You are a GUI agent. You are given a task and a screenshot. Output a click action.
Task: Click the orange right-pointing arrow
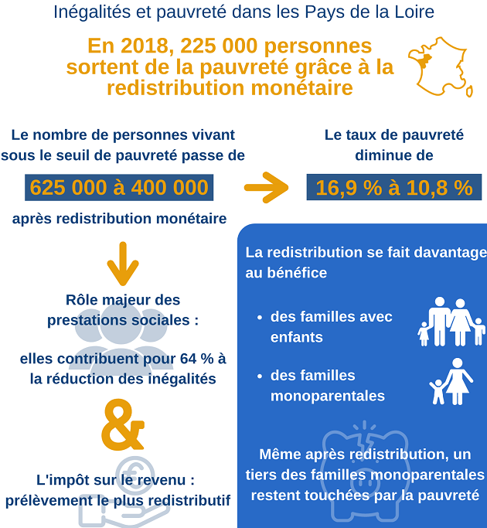pyautogui.click(x=266, y=187)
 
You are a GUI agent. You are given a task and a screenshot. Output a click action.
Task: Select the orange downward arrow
pyautogui.click(x=123, y=264)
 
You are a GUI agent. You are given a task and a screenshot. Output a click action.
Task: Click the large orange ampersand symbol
pyautogui.click(x=123, y=424)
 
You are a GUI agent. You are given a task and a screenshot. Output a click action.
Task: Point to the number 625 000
pyautogui.click(x=68, y=188)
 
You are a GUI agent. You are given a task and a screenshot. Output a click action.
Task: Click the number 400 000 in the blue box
pyautogui.click(x=170, y=188)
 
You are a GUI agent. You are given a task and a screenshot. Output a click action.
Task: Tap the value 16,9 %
pyautogui.click(x=349, y=188)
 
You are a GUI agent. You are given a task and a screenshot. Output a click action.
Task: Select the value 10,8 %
pyautogui.click(x=440, y=188)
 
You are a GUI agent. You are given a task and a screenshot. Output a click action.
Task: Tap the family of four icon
pyautogui.click(x=451, y=322)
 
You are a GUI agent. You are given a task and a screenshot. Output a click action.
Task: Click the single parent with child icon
pyautogui.click(x=451, y=382)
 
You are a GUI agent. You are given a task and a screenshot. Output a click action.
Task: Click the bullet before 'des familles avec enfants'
pyautogui.click(x=259, y=318)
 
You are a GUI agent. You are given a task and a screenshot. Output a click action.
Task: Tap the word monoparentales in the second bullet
pyautogui.click(x=327, y=396)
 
